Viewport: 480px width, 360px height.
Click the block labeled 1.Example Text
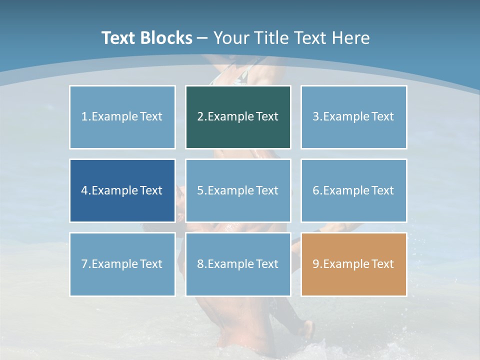pos(122,117)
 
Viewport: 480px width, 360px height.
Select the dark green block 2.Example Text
pos(238,117)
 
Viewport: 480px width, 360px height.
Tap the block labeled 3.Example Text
pos(353,117)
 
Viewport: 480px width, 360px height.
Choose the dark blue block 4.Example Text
pos(122,190)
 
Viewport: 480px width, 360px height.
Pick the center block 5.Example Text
pos(238,190)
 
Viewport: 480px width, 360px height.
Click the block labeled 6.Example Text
pos(353,190)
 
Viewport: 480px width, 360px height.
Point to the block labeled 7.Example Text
pos(122,264)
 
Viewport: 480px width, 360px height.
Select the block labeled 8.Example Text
pos(238,264)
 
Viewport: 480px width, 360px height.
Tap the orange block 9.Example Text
pos(353,264)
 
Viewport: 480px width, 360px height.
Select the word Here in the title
pos(352,38)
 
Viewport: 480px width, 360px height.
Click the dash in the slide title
pos(202,38)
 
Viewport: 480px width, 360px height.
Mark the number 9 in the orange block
pos(316,264)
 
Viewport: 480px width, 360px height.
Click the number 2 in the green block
pos(200,117)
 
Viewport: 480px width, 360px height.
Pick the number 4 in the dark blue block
pos(84,190)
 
